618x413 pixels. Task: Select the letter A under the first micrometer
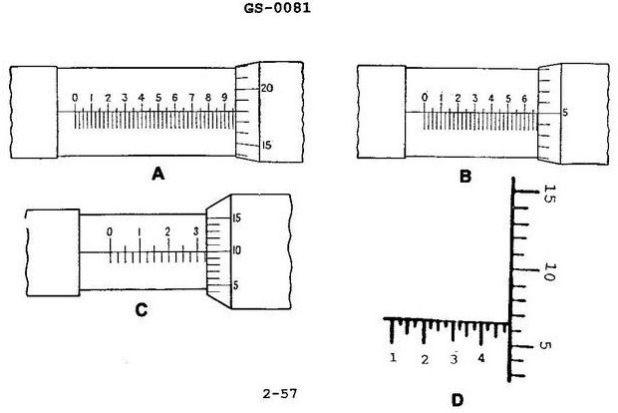click(157, 173)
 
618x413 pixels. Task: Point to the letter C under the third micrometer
click(141, 309)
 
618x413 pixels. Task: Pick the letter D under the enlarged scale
click(457, 400)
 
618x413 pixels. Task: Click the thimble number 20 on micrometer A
click(266, 88)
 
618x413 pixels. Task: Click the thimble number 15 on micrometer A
click(266, 145)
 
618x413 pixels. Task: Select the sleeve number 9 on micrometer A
click(224, 98)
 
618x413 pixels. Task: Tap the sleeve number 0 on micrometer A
click(75, 98)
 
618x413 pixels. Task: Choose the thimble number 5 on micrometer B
click(565, 112)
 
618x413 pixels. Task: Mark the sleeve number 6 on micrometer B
click(523, 98)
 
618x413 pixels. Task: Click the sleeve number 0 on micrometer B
click(426, 97)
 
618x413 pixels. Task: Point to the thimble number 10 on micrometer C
click(235, 250)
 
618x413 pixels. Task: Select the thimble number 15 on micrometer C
click(236, 217)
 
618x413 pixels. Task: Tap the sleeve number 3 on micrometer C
click(195, 231)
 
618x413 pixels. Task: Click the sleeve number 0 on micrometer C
click(110, 232)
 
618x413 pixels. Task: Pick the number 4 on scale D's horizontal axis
click(481, 358)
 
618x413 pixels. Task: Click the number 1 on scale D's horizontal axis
click(395, 358)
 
